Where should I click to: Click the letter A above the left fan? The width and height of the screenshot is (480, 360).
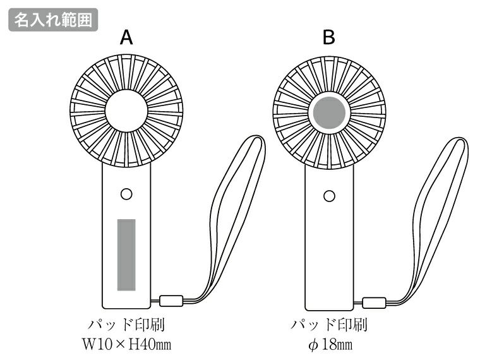pos(126,38)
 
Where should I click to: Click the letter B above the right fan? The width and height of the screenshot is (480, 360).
pos(328,38)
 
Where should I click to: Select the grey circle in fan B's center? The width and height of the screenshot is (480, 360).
pos(329,113)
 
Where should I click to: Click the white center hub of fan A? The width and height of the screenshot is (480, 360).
pos(126,111)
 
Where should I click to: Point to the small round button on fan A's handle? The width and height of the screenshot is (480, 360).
pos(126,194)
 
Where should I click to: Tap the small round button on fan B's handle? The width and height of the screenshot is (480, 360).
pos(328,196)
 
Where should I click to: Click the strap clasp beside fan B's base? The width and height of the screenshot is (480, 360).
pos(374,301)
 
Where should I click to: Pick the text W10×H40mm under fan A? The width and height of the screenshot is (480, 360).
pos(126,345)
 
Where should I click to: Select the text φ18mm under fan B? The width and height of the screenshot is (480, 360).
pos(329,345)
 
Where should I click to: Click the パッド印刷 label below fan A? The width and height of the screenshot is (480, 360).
pos(126,326)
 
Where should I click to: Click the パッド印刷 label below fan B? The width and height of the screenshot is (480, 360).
pos(328,326)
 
